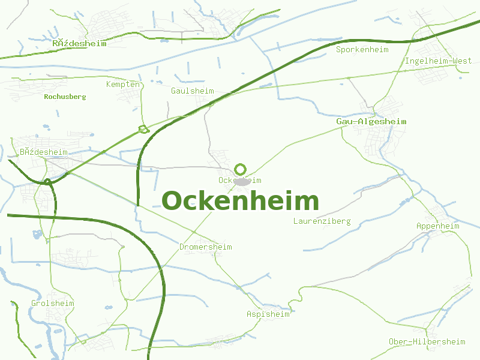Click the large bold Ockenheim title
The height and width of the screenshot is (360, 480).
pos(240,202)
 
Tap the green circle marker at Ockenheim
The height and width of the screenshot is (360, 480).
pos(241,169)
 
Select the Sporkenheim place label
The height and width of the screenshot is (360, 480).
pos(362,50)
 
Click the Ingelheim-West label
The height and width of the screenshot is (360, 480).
pos(439,61)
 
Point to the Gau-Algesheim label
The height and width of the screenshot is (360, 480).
pos(371,122)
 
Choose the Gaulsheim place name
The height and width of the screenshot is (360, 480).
pos(192,91)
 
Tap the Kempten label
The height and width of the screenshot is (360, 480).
pos(123,85)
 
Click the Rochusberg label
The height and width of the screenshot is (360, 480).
pos(65,97)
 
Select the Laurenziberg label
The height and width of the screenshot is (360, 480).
pos(322,221)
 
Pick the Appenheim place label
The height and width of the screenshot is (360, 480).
pos(437,226)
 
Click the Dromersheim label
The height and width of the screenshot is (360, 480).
pos(205,247)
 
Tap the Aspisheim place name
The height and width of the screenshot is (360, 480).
pos(268,314)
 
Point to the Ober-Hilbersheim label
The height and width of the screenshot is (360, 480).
pos(427,342)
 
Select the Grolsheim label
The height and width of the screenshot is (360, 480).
pos(53,304)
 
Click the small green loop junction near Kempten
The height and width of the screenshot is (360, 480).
pos(143,128)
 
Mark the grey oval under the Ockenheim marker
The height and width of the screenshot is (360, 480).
pos(242,182)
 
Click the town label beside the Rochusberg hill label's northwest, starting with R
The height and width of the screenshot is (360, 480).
pos(79,44)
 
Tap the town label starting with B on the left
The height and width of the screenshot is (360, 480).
pos(44,152)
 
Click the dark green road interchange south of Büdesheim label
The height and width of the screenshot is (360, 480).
pos(47,181)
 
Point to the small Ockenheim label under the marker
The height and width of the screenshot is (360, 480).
pos(240,180)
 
